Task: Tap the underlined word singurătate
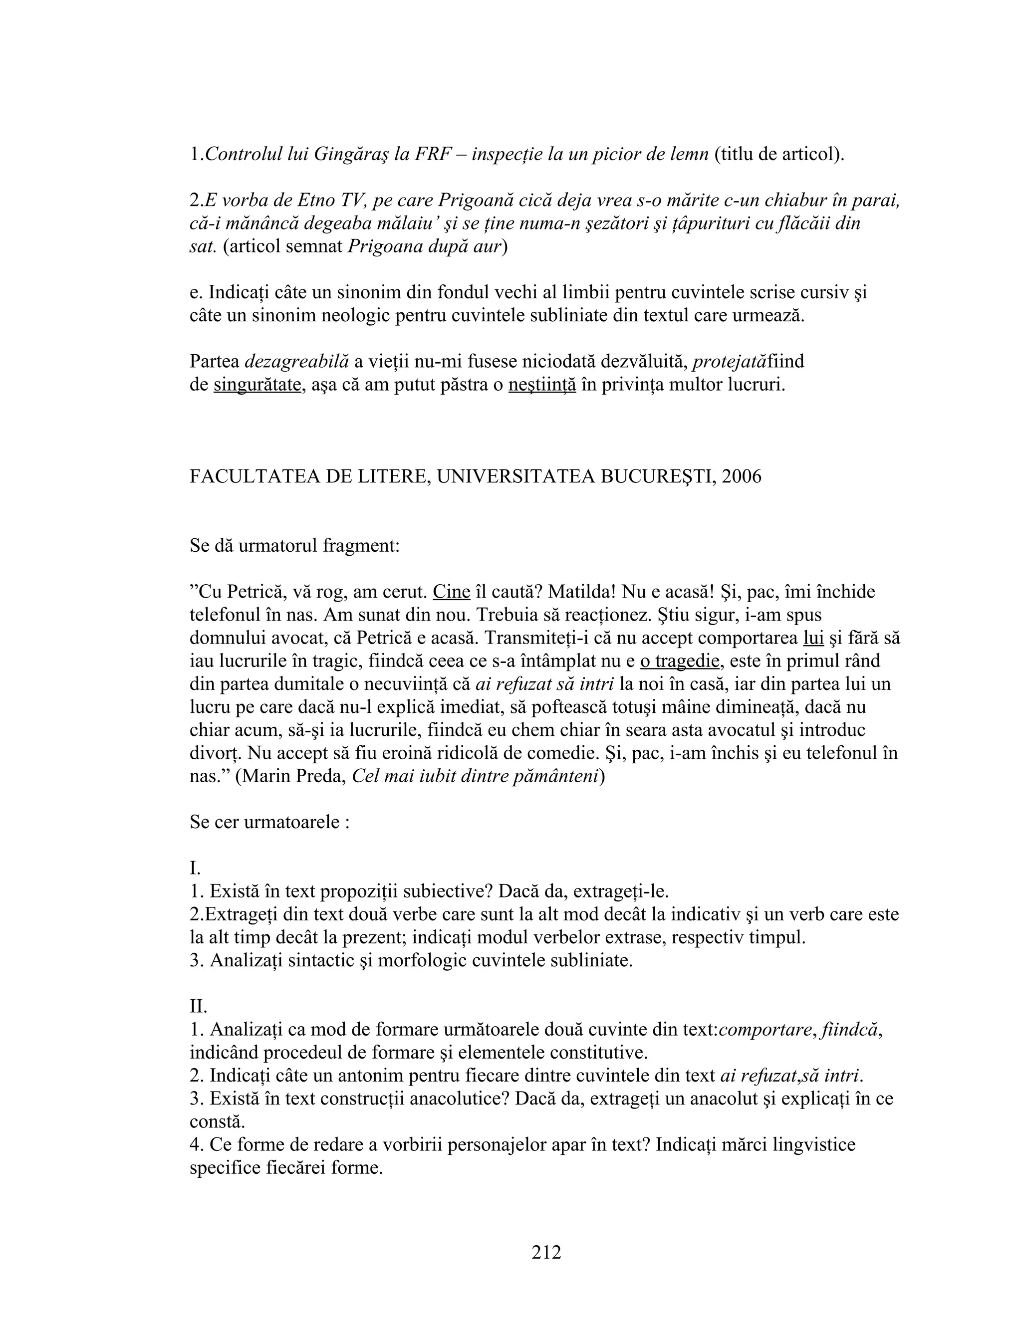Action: pyautogui.click(x=257, y=384)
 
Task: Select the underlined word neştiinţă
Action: pyautogui.click(x=542, y=384)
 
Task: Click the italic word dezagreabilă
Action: pyautogui.click(x=297, y=361)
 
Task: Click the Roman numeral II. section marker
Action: pyautogui.click(x=198, y=1006)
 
